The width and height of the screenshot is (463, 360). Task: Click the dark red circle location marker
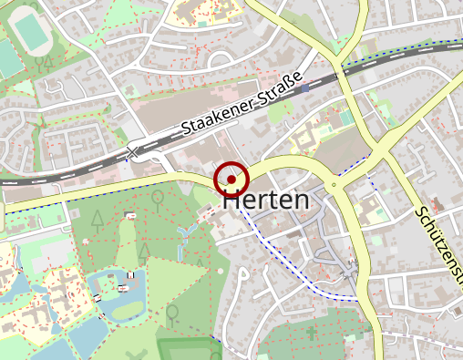click(231, 180)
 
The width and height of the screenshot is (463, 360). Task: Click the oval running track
click(35, 34)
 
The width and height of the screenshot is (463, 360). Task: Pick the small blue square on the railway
click(305, 88)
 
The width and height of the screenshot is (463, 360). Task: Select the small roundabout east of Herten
click(334, 185)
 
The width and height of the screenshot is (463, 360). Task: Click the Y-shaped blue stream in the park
click(182, 239)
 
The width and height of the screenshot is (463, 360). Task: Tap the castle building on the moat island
click(121, 289)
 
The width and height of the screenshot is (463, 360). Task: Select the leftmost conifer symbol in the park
click(98, 219)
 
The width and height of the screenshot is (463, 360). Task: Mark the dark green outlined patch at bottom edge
click(187, 350)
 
